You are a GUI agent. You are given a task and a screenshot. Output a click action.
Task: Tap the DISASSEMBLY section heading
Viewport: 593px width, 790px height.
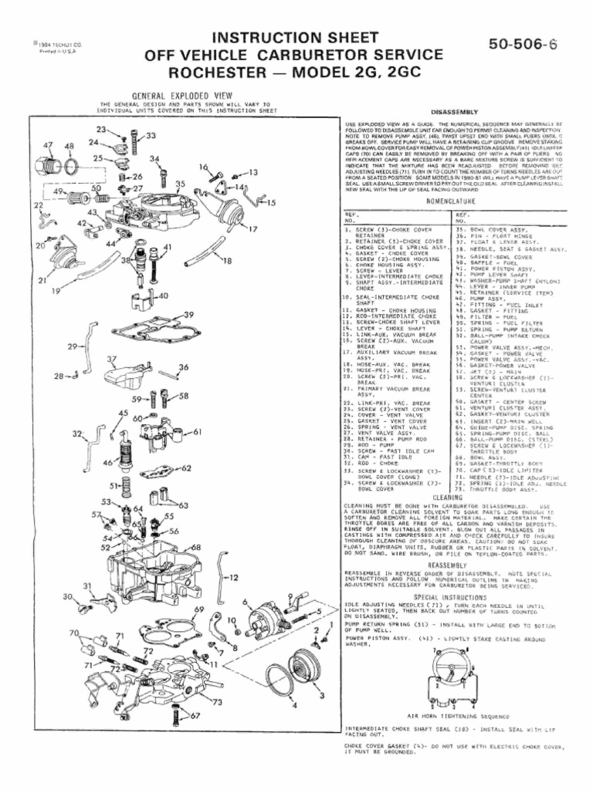[x=455, y=112]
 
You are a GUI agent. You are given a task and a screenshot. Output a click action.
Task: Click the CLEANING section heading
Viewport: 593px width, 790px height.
[x=448, y=497]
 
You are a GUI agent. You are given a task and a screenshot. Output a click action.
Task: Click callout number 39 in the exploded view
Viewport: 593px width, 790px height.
[x=190, y=314]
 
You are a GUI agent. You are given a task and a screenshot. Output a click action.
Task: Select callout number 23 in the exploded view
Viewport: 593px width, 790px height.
[x=101, y=129]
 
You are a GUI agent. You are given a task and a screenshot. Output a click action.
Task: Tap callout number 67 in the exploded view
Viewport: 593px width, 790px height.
[x=195, y=715]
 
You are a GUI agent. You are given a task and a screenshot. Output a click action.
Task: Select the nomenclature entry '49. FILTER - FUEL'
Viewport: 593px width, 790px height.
[x=493, y=317]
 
